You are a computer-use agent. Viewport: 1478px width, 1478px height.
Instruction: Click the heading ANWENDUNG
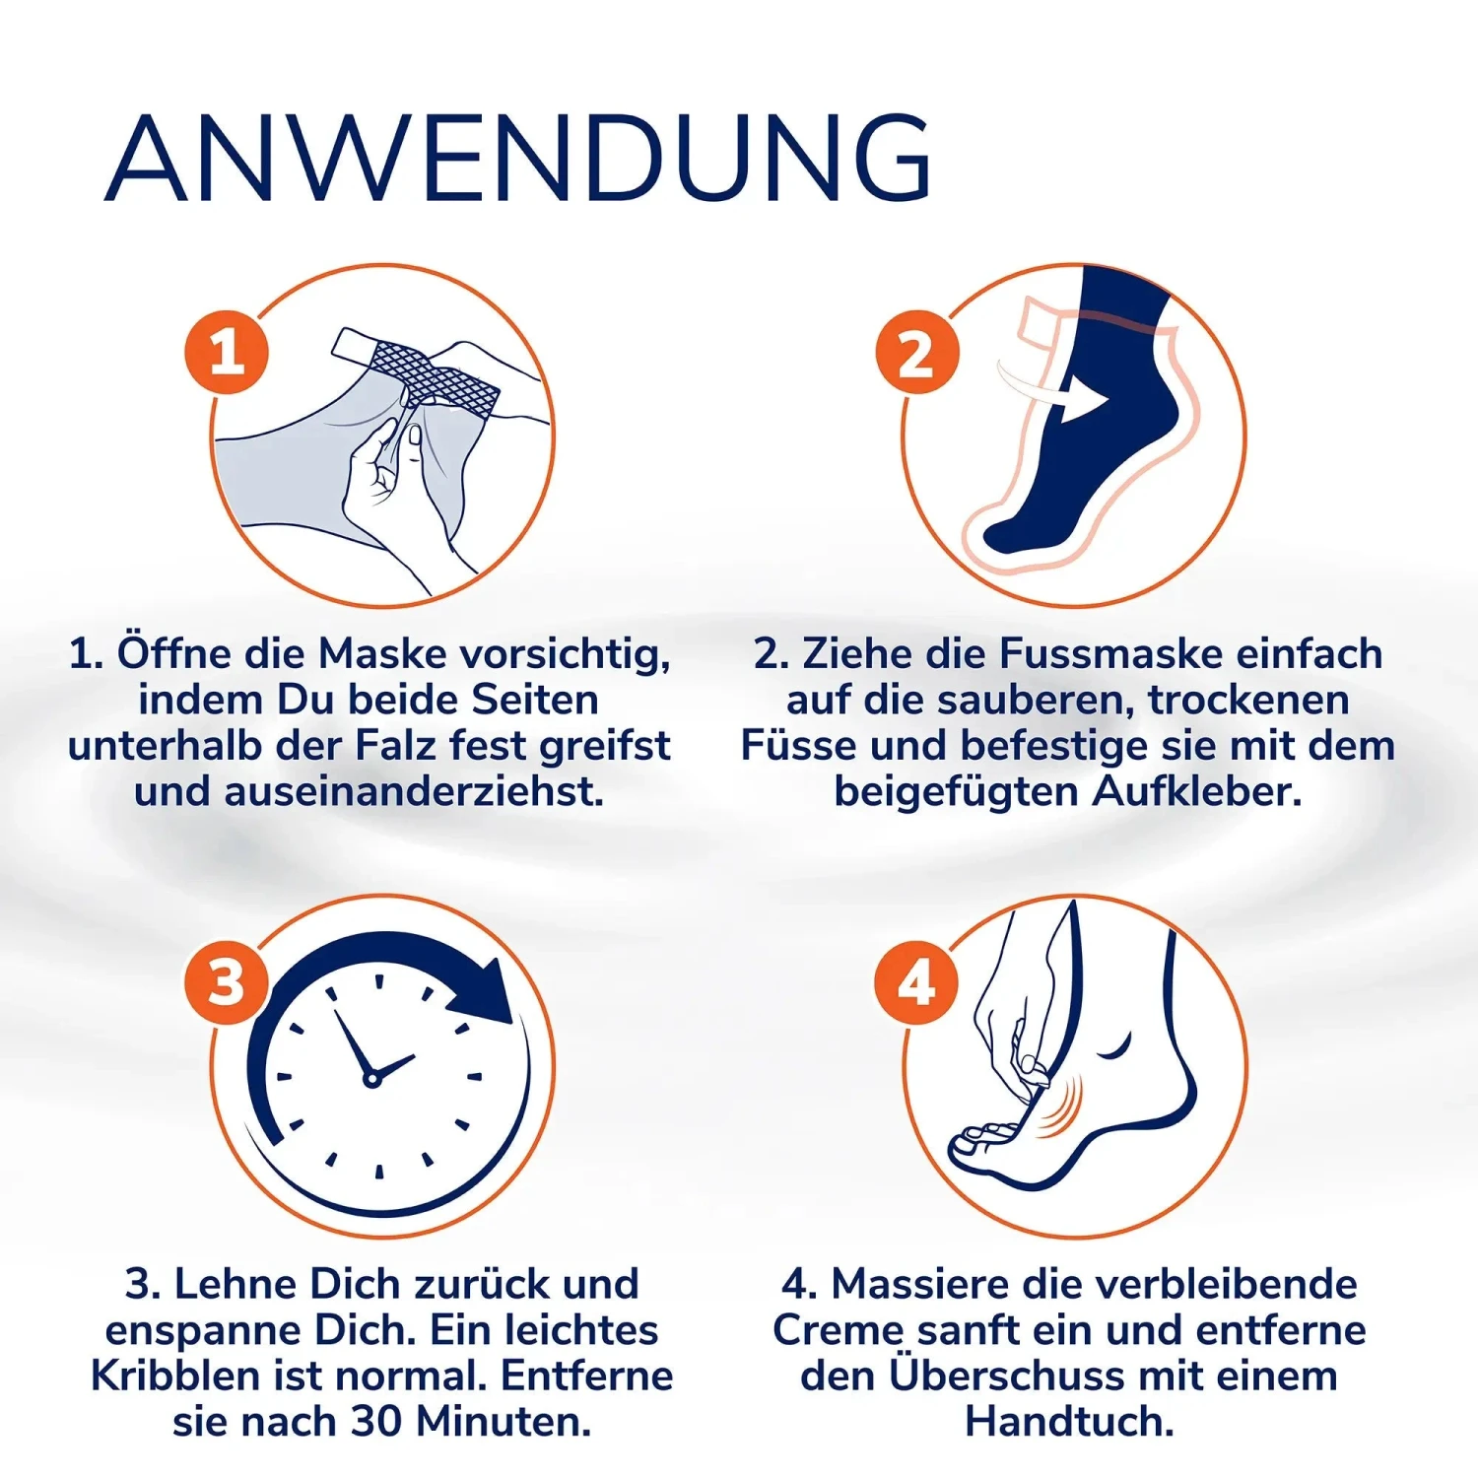click(x=517, y=158)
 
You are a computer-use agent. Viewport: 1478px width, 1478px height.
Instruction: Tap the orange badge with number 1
click(x=227, y=352)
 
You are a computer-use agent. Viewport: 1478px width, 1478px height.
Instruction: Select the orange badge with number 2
click(x=916, y=352)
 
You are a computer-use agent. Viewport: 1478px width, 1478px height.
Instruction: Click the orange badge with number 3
click(x=226, y=982)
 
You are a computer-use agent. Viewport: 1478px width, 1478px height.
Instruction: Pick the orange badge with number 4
click(x=916, y=982)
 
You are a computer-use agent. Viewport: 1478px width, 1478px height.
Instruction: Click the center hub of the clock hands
click(x=371, y=1079)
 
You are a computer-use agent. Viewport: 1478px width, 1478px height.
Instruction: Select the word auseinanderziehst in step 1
click(x=414, y=791)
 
